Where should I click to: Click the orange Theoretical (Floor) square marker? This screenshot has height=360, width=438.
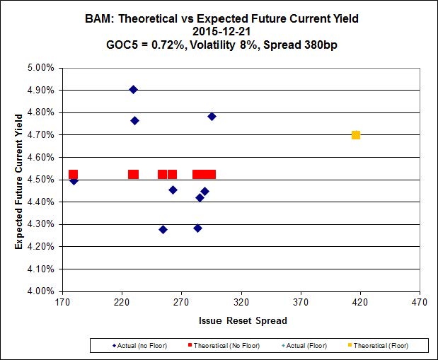tap(356, 135)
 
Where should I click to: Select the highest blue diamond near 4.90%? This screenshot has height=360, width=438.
tap(133, 90)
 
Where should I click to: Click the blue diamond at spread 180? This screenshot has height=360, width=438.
tap(74, 180)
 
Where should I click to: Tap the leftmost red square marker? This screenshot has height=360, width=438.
tap(73, 174)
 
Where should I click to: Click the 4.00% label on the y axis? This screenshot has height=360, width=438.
tap(40, 291)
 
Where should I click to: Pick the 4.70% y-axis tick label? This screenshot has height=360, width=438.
tap(40, 135)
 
